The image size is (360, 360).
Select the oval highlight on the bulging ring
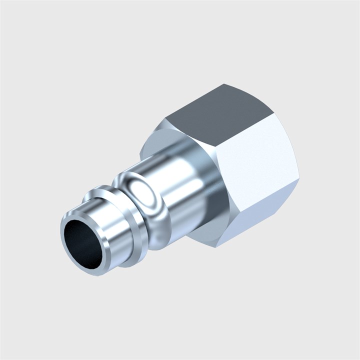pyautogui.click(x=144, y=192)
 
